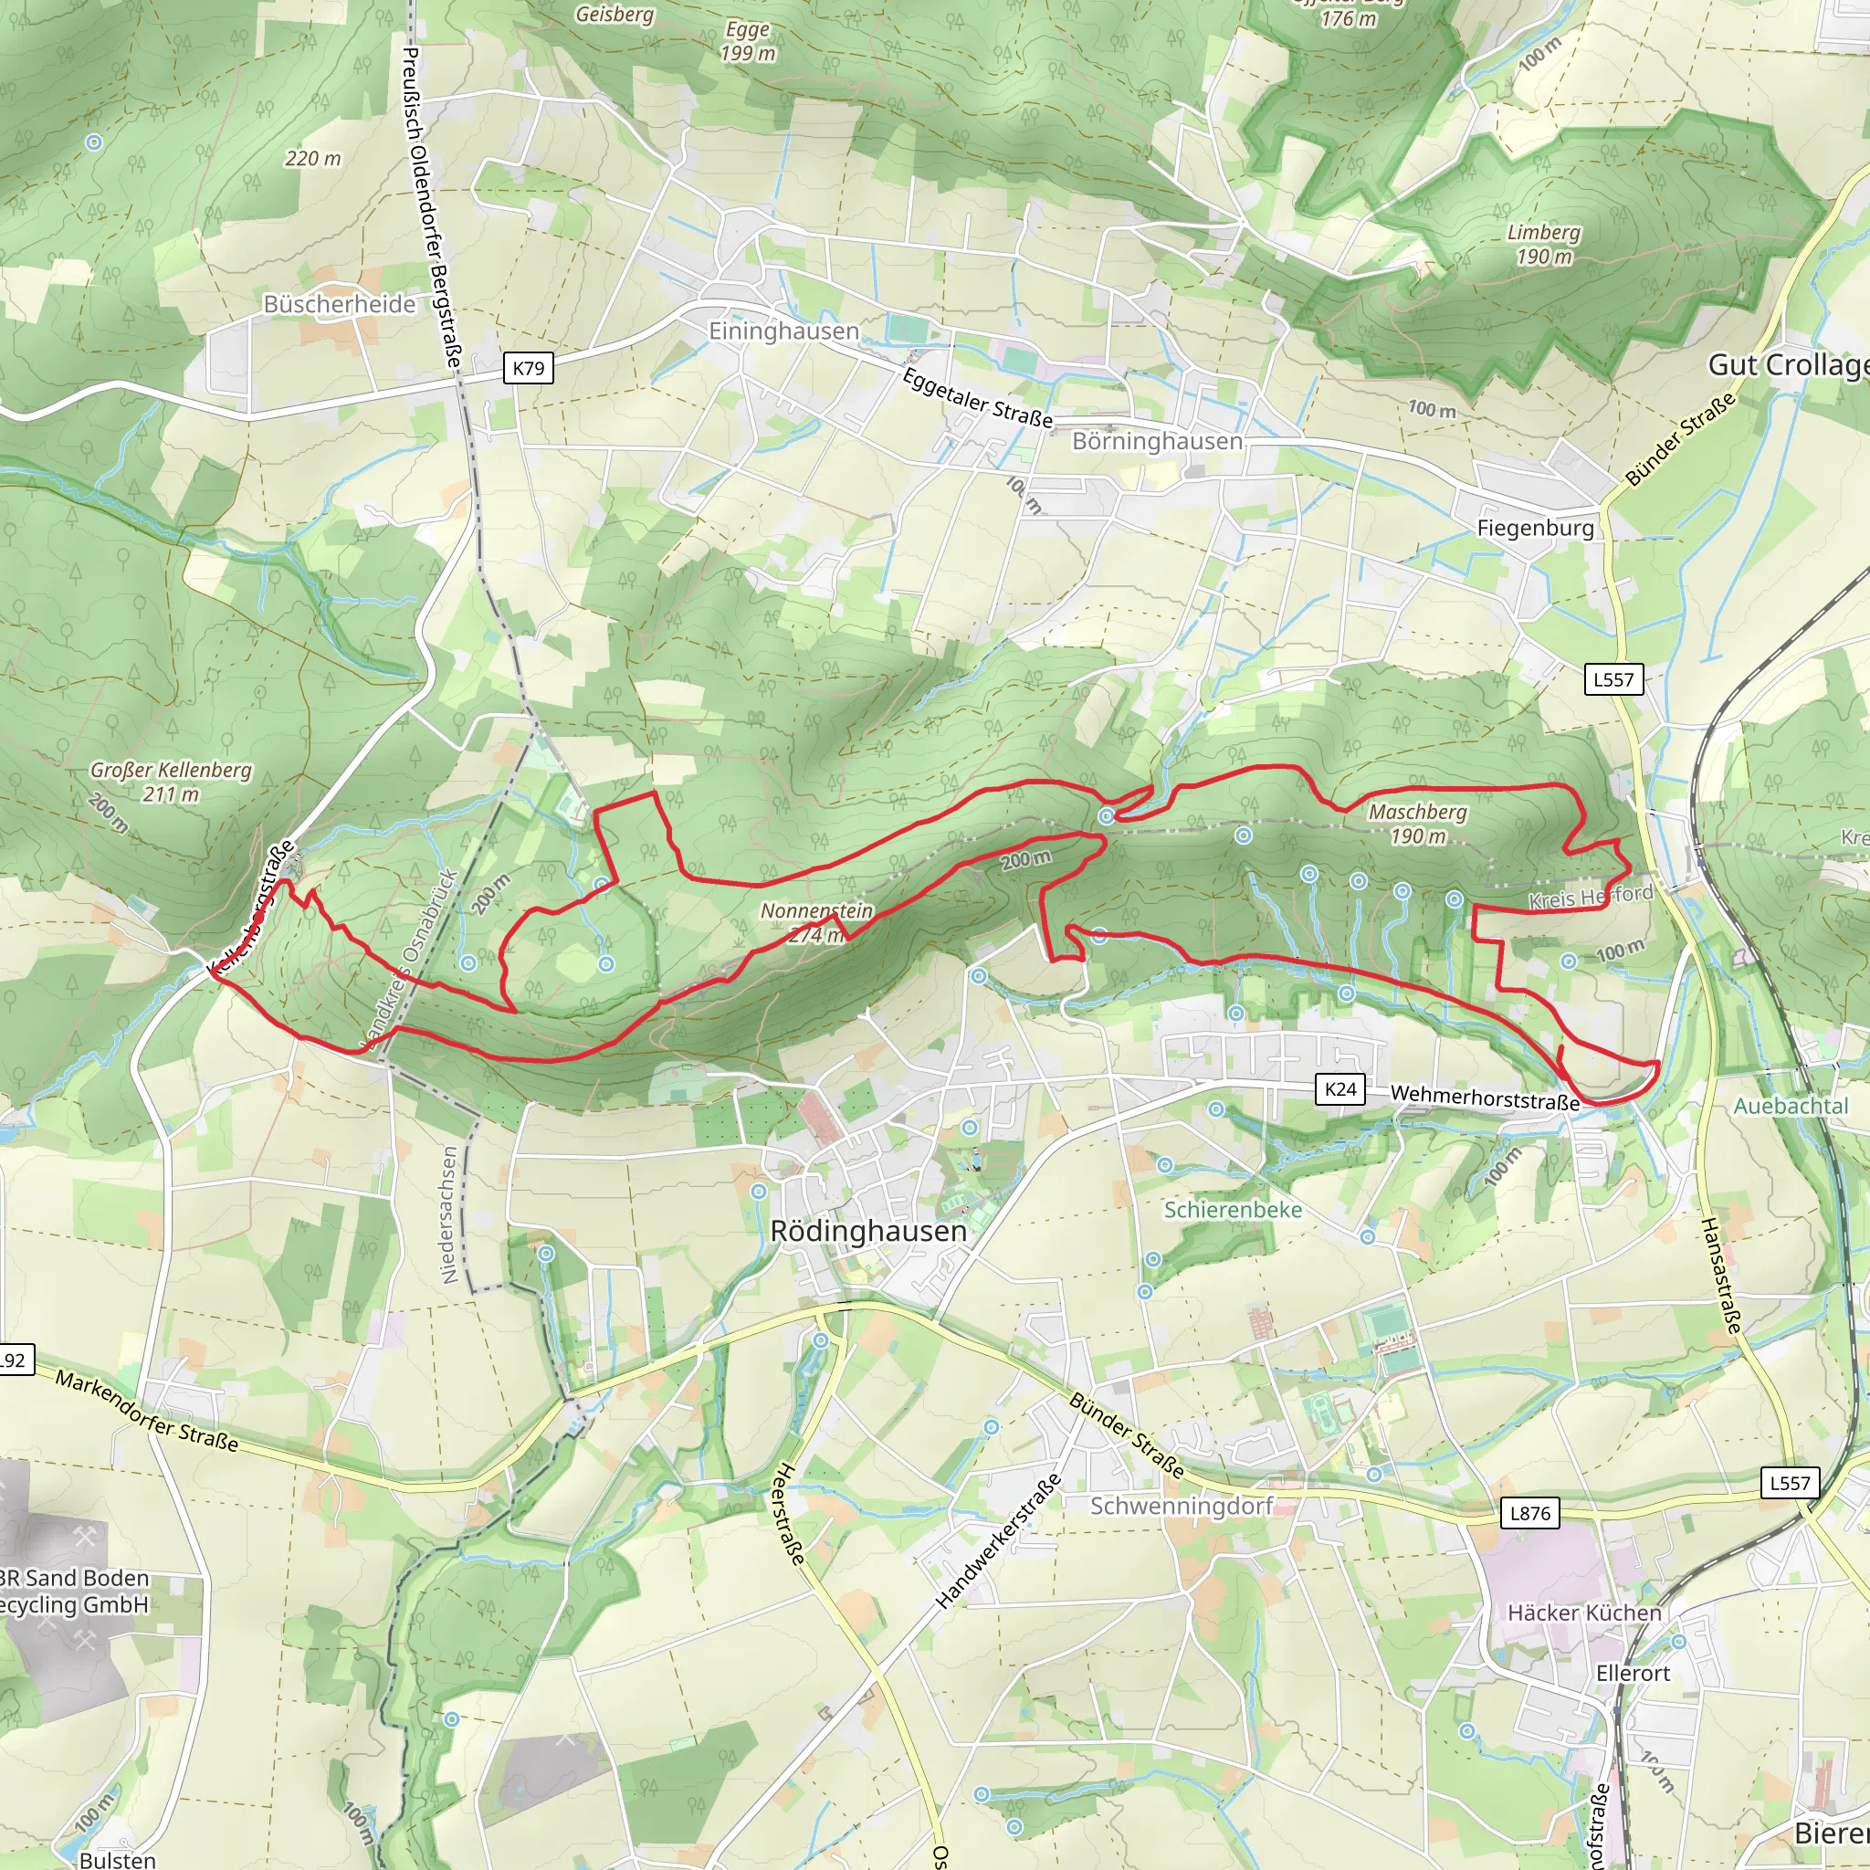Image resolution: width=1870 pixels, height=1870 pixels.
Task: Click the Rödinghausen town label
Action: coord(868,1231)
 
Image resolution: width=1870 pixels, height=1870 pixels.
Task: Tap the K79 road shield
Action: coord(529,368)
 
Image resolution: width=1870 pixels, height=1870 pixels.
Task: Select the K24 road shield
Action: coord(1339,1089)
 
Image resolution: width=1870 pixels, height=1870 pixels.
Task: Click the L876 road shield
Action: coord(1529,1513)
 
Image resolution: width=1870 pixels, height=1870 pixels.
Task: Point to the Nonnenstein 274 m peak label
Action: coord(816,922)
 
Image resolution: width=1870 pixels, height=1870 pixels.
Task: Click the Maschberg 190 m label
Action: coord(1418,824)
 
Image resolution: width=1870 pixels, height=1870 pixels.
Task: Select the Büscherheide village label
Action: coord(340,304)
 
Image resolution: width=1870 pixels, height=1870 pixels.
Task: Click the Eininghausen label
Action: coord(783,331)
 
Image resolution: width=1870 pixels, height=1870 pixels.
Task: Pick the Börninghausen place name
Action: coord(1157,441)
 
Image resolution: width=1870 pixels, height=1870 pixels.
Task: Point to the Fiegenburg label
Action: coord(1535,528)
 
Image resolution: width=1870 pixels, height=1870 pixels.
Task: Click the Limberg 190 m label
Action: coord(1544,244)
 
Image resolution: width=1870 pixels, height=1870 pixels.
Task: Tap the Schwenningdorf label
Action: coord(1182,1506)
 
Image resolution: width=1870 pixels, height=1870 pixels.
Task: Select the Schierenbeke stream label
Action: coord(1232,1210)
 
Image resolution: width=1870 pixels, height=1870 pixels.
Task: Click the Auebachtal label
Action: coord(1791,1106)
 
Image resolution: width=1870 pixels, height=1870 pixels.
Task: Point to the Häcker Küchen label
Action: coord(1584,1613)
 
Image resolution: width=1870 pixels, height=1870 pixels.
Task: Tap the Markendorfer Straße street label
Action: coord(147,1410)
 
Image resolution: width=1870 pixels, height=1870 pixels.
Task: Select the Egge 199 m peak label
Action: coord(747,42)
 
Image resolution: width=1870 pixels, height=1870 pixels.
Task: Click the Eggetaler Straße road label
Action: coord(978,398)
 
